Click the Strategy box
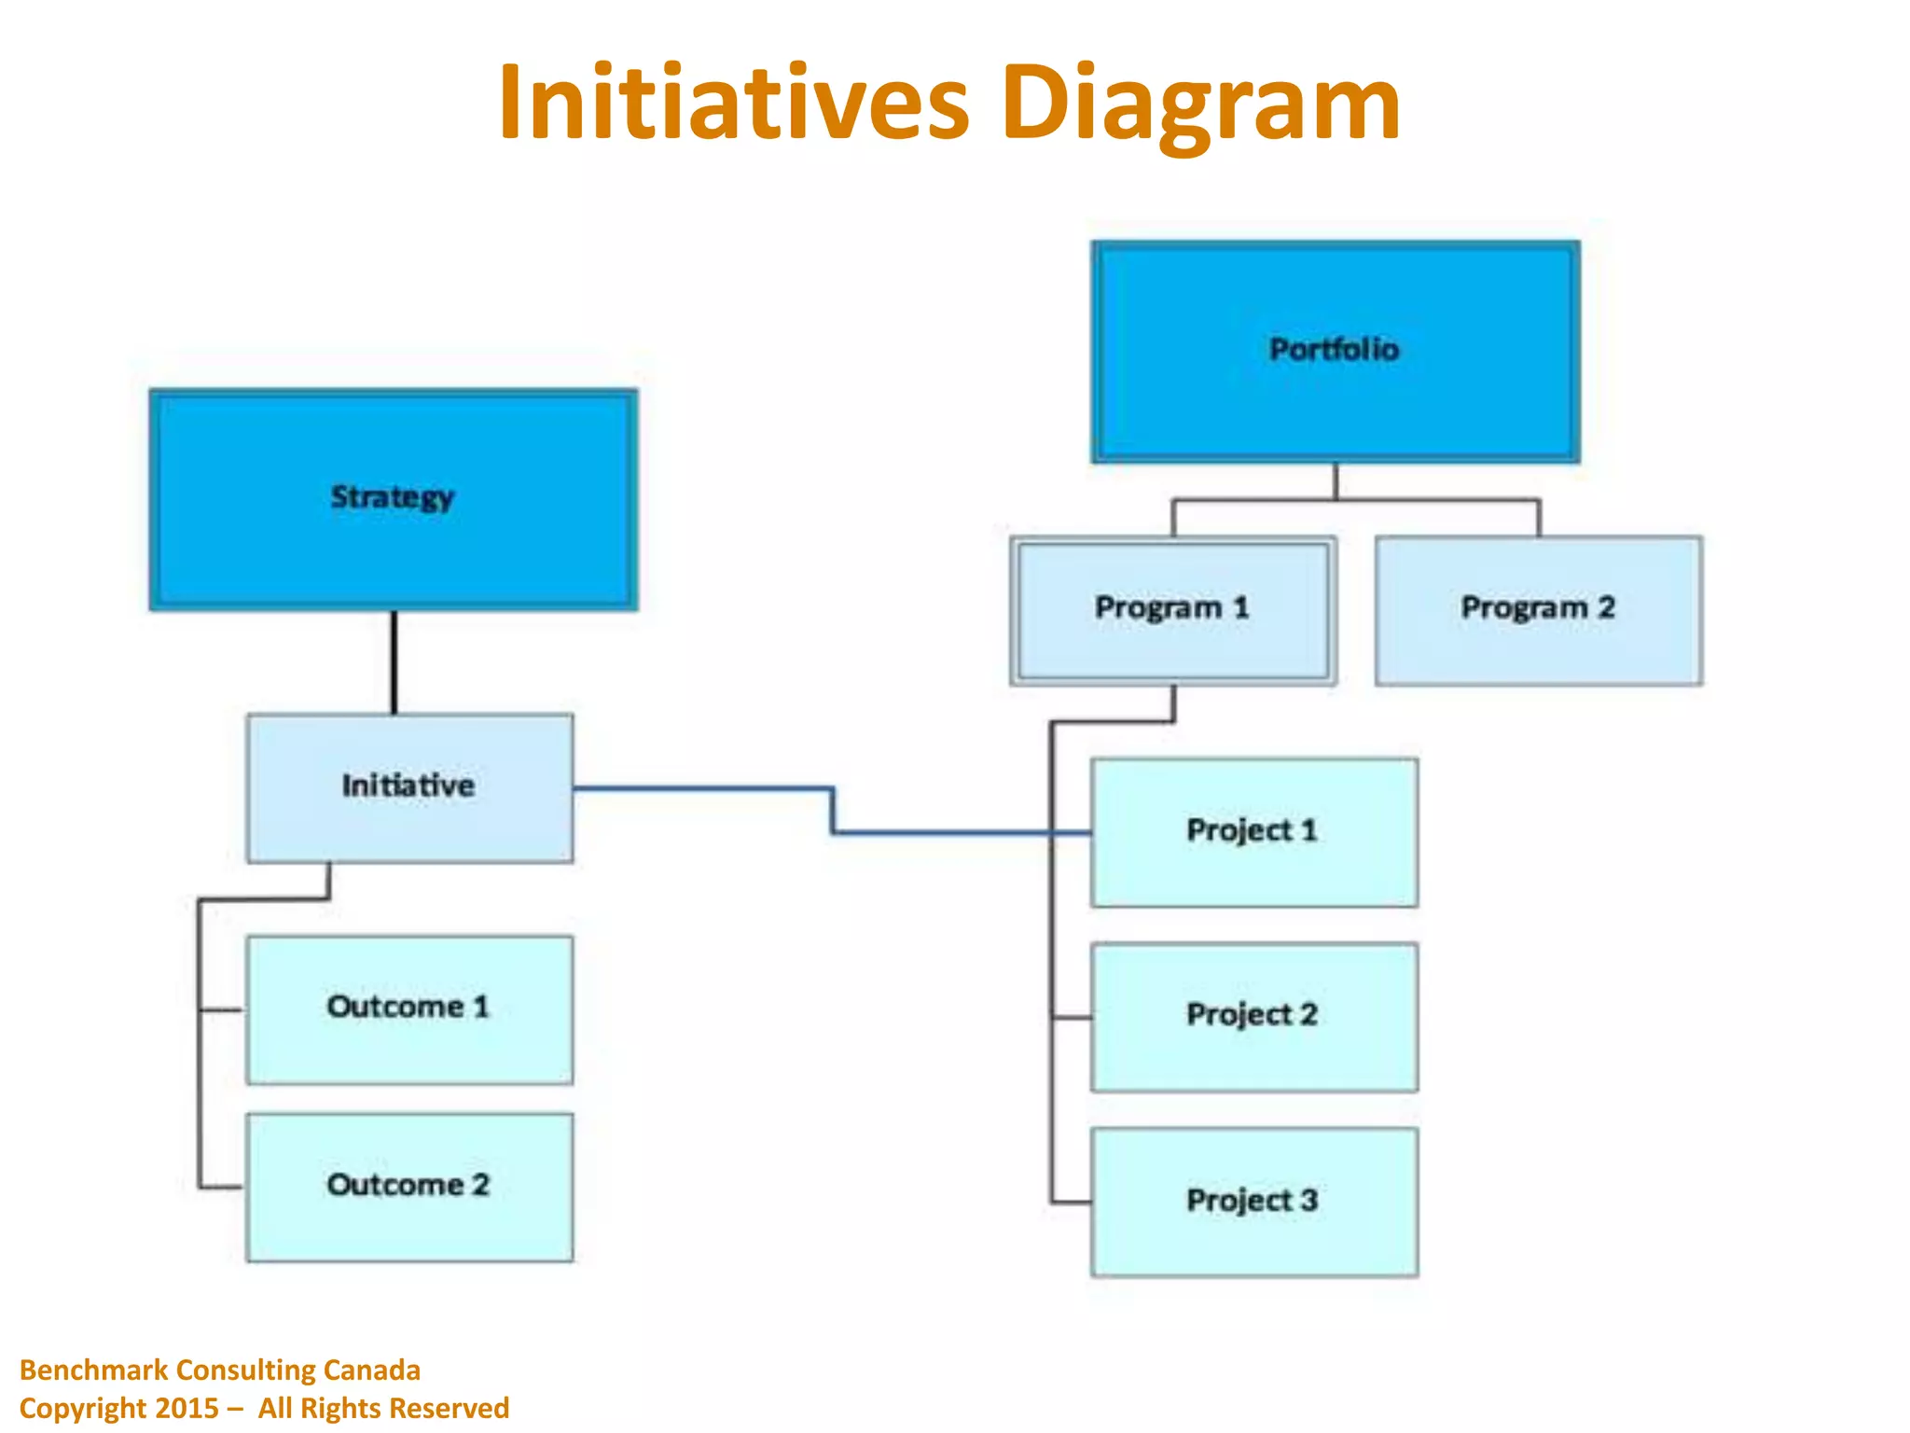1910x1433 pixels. point(394,499)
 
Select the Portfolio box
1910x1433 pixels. point(1335,351)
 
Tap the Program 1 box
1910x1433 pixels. point(1172,609)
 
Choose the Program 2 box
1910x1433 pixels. point(1538,609)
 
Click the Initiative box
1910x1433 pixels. point(409,786)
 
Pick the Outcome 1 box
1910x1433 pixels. point(409,1009)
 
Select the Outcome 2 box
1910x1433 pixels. point(409,1186)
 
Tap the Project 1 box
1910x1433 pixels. point(1253,831)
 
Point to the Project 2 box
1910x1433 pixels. point(1253,1016)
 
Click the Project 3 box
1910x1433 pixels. point(1253,1201)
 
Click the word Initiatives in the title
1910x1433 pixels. point(734,103)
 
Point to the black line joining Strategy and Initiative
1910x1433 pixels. point(394,662)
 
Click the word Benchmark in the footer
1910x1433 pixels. point(94,1370)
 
